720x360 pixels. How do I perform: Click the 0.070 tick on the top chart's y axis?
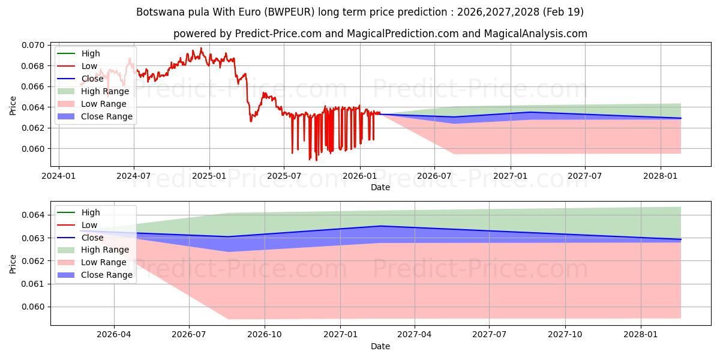[x=33, y=45]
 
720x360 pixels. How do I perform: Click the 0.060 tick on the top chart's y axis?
[x=33, y=149]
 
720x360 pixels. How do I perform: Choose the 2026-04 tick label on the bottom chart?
[x=114, y=334]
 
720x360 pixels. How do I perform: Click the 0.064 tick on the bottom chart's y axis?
[x=33, y=215]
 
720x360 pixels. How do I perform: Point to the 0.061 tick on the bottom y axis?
[x=33, y=284]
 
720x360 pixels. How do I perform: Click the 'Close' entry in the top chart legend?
[x=92, y=79]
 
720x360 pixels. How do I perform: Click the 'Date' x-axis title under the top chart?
[x=380, y=187]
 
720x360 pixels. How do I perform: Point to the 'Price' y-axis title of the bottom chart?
[x=13, y=263]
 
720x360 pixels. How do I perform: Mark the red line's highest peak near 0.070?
[x=201, y=48]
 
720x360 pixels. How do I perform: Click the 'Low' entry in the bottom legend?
[x=89, y=225]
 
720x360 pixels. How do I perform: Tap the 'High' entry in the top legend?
[x=91, y=53]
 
